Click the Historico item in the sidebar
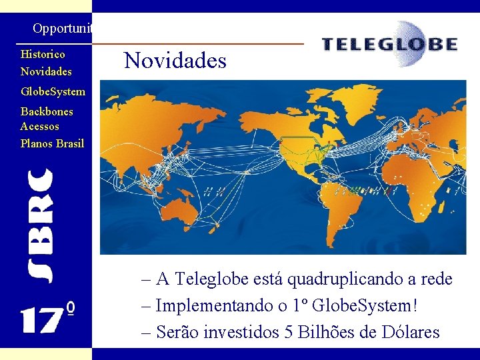[43, 54]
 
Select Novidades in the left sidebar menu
[46, 71]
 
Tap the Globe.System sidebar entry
[53, 91]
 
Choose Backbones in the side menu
[47, 111]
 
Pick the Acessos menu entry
[40, 126]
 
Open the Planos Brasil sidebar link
[52, 143]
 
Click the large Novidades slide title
[175, 61]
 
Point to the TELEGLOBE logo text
[389, 45]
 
